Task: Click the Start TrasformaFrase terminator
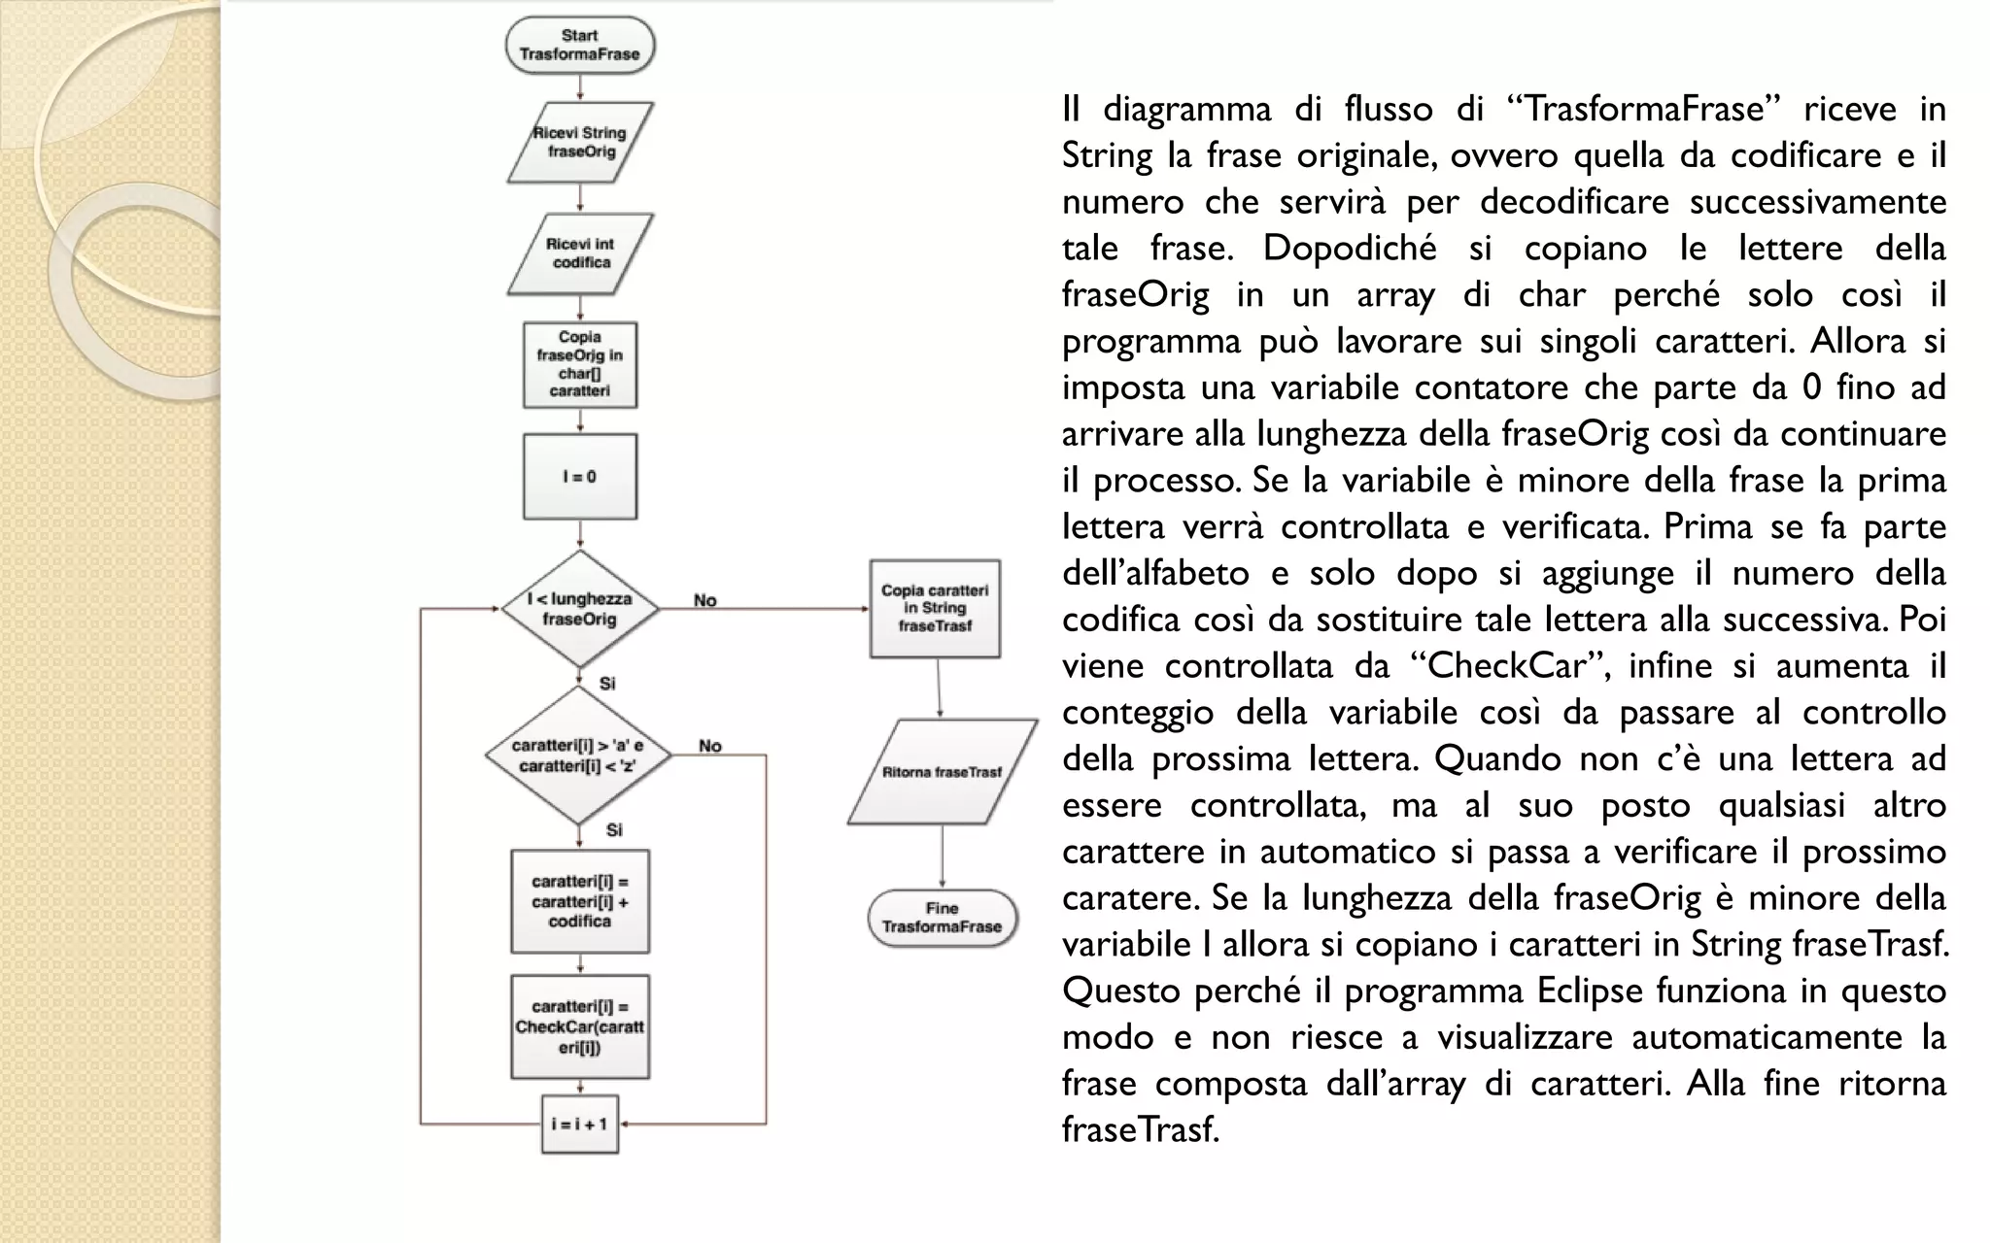coord(580,45)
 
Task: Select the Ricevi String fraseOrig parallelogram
coord(580,143)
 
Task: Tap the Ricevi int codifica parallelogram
coord(580,253)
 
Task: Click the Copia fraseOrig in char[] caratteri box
coord(580,364)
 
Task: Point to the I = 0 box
coord(580,477)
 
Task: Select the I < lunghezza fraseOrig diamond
coord(580,609)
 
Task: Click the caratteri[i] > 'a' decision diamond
coord(579,756)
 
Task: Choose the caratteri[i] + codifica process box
coord(580,901)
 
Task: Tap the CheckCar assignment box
coord(580,1027)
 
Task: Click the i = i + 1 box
coord(580,1125)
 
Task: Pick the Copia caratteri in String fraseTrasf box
coord(935,608)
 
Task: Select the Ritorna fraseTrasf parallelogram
coord(942,772)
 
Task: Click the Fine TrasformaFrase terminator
coord(942,918)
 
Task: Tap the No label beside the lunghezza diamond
coord(705,600)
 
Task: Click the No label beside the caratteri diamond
coord(710,746)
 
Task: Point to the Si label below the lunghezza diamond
coord(607,684)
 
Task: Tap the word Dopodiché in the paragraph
coord(1350,249)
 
